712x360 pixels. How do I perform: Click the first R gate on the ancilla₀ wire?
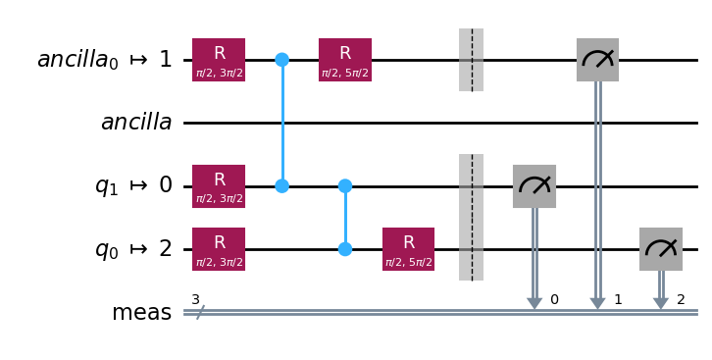click(x=219, y=60)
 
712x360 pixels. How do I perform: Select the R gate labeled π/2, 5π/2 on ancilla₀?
click(x=345, y=60)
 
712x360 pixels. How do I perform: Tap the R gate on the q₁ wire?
click(x=219, y=186)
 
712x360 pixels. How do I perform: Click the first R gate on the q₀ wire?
click(x=219, y=249)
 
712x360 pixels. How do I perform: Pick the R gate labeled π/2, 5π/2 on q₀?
click(x=408, y=249)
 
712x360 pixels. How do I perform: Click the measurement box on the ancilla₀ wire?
click(x=597, y=60)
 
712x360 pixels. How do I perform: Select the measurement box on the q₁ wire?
click(x=534, y=186)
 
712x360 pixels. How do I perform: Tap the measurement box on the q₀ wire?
click(x=661, y=249)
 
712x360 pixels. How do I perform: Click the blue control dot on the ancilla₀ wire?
click(x=282, y=60)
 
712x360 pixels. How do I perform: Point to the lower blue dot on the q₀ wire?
click(x=345, y=249)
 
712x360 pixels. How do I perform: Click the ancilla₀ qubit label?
click(x=105, y=60)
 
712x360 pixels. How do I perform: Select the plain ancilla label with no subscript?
click(x=136, y=122)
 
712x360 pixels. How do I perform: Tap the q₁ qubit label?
click(x=133, y=186)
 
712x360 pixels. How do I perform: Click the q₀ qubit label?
click(x=133, y=249)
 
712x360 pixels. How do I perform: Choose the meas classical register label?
click(x=141, y=313)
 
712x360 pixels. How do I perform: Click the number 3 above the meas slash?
click(x=195, y=299)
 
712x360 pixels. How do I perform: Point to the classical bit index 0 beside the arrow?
click(x=554, y=299)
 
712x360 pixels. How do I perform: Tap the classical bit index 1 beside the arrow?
click(x=618, y=299)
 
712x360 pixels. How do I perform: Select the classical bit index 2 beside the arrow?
click(x=681, y=299)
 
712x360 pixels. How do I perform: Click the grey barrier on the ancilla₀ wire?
click(x=472, y=60)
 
